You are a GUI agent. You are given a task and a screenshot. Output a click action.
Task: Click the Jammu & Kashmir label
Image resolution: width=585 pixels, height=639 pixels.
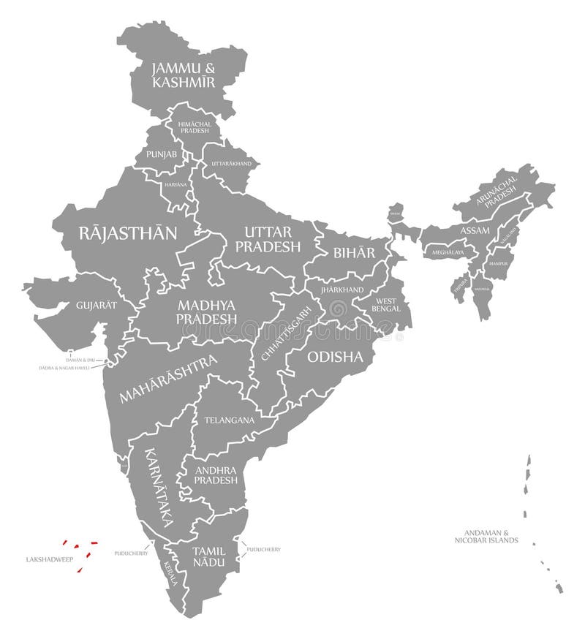tap(184, 75)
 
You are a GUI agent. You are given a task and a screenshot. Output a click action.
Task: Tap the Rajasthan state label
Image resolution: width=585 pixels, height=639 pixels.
tap(128, 233)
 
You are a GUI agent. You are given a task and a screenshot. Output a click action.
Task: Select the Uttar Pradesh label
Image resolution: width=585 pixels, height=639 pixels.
tap(268, 239)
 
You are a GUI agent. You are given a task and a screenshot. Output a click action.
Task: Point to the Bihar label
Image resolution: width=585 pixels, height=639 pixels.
tap(354, 253)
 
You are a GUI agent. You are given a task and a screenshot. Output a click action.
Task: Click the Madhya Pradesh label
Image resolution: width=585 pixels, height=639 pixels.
tap(206, 311)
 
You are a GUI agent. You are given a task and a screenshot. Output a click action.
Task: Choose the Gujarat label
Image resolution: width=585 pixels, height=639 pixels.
tap(96, 305)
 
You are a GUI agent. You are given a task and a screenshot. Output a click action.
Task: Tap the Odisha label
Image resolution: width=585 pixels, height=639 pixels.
tap(335, 357)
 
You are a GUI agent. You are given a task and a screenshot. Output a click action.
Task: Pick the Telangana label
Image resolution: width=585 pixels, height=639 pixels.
tap(230, 420)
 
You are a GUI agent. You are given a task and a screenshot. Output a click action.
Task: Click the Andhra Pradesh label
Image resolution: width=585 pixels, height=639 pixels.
tap(216, 475)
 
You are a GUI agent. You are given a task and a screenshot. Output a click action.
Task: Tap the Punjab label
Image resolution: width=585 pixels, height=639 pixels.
tap(161, 154)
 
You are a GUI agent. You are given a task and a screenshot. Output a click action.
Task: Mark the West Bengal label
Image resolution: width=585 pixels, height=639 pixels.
tap(388, 305)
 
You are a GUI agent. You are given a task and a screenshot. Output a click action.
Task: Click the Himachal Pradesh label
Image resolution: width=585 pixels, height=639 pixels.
tap(195, 127)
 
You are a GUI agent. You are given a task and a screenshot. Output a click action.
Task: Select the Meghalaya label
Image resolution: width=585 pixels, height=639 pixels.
tap(448, 252)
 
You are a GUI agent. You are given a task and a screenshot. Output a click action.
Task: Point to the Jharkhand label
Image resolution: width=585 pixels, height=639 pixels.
tap(341, 290)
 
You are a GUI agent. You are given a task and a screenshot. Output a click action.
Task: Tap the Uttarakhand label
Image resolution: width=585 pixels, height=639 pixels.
tap(231, 163)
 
